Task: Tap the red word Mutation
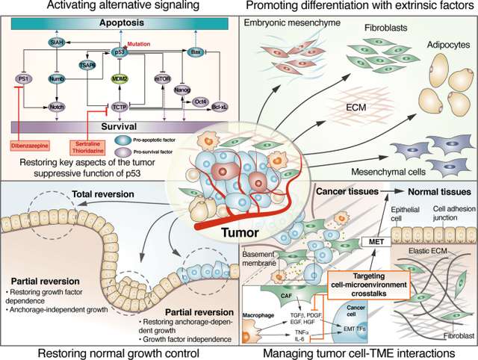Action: (140, 43)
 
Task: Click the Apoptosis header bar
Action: (120, 24)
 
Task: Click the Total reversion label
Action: (102, 196)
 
